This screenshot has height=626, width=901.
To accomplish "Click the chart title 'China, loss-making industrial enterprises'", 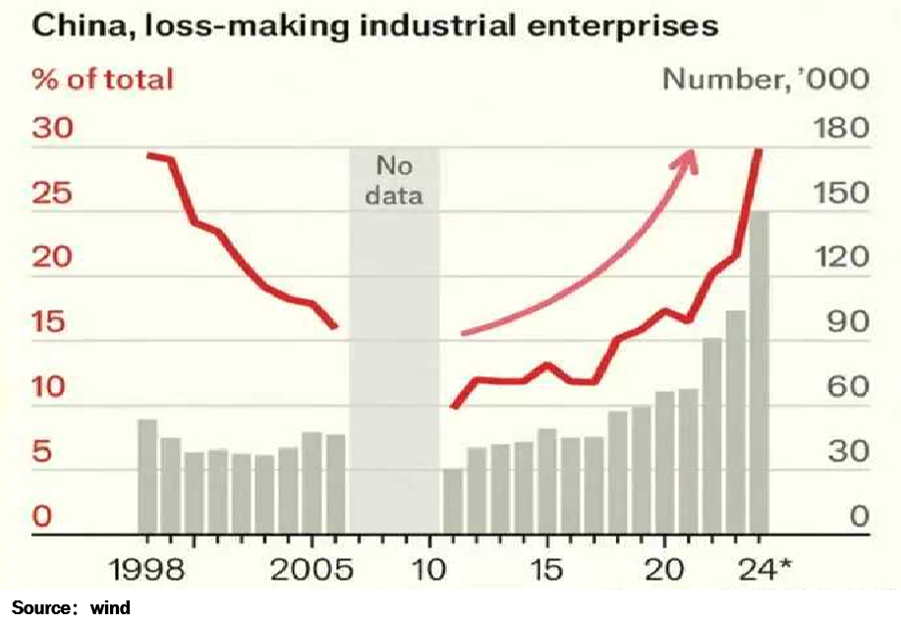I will [x=375, y=27].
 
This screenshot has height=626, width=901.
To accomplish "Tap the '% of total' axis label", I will [x=103, y=79].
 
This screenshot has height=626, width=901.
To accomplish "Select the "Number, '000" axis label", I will [x=765, y=79].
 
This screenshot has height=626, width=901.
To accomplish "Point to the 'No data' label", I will [x=394, y=181].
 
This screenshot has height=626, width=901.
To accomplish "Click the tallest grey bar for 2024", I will [x=760, y=373].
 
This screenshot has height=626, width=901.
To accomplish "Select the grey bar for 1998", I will [x=147, y=478].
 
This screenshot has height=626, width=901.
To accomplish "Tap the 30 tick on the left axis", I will [x=55, y=129].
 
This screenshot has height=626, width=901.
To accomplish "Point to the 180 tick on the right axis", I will [x=842, y=129].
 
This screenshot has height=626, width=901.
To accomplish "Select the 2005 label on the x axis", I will [x=310, y=570].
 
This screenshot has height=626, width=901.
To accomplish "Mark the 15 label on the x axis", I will [x=546, y=570].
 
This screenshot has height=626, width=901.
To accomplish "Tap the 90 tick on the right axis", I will [x=847, y=322].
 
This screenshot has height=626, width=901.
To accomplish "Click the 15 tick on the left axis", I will [x=52, y=322].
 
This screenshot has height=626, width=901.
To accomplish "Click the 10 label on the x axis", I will [x=429, y=570].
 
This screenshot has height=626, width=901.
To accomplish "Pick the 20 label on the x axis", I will [x=665, y=570].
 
